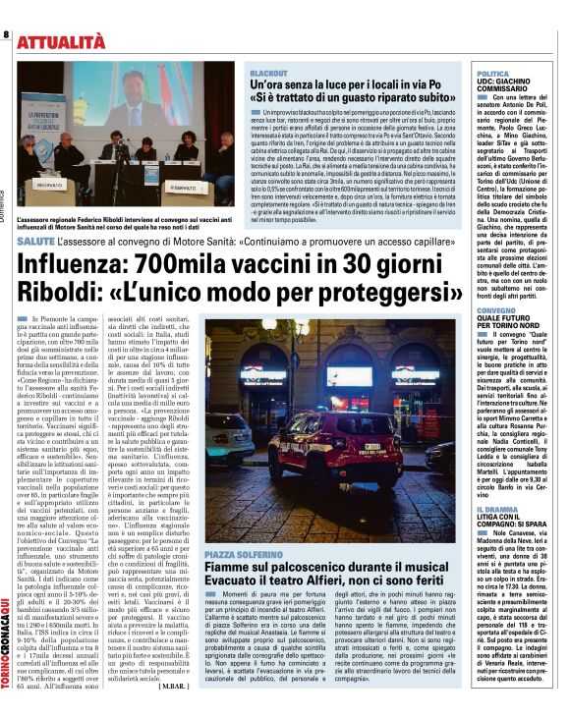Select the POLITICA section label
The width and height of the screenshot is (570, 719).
point(492,74)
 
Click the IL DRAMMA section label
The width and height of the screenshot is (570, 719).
point(495,510)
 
